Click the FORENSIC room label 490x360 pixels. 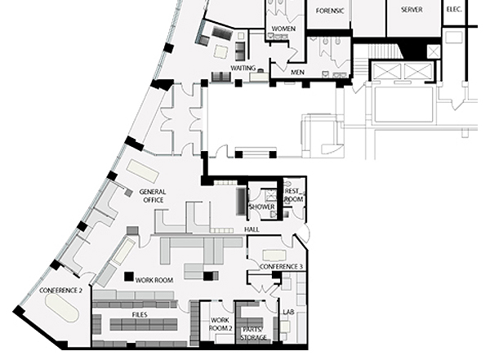[330, 11]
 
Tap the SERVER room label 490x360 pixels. [412, 10]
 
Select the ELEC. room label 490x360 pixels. [454, 9]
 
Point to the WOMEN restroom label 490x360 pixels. [283, 29]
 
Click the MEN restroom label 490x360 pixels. [297, 73]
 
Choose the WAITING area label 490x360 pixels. [243, 68]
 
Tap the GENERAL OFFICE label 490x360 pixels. [153, 196]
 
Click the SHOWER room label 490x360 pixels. [262, 207]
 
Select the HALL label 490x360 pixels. [252, 229]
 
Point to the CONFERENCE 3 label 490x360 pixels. [281, 267]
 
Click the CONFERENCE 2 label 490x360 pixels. [60, 291]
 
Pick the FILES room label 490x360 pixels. [140, 314]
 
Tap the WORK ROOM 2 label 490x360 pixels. [220, 324]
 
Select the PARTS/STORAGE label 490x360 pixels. [253, 333]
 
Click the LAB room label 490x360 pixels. [288, 312]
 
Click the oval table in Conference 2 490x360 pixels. [62, 308]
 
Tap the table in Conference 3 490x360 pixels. [274, 255]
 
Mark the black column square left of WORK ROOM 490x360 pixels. [129, 276]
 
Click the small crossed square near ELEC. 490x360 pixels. [434, 51]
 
